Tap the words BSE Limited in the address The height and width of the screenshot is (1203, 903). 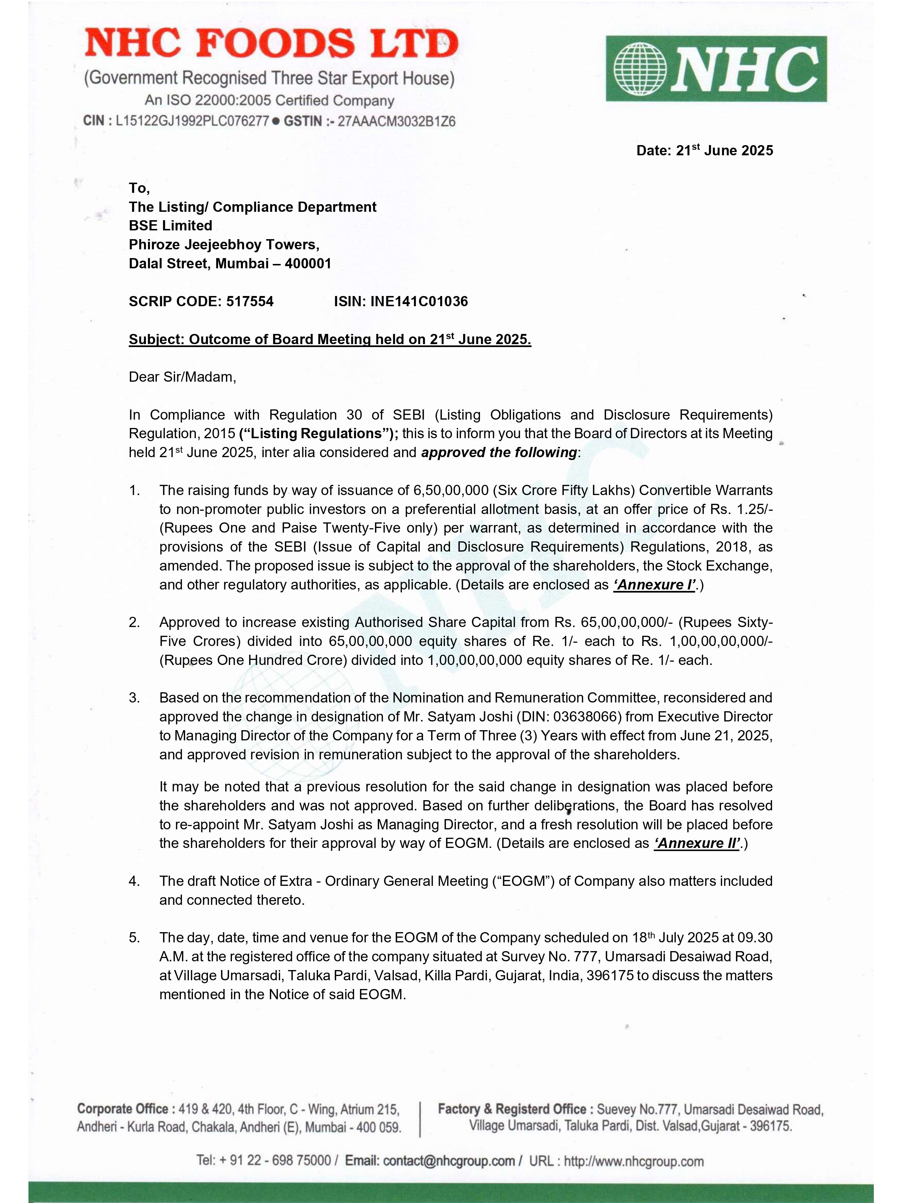(x=170, y=226)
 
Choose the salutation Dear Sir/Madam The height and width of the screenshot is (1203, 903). (x=182, y=377)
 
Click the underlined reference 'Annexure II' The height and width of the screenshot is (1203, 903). (x=696, y=844)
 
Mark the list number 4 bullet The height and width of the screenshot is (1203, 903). (x=134, y=881)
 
